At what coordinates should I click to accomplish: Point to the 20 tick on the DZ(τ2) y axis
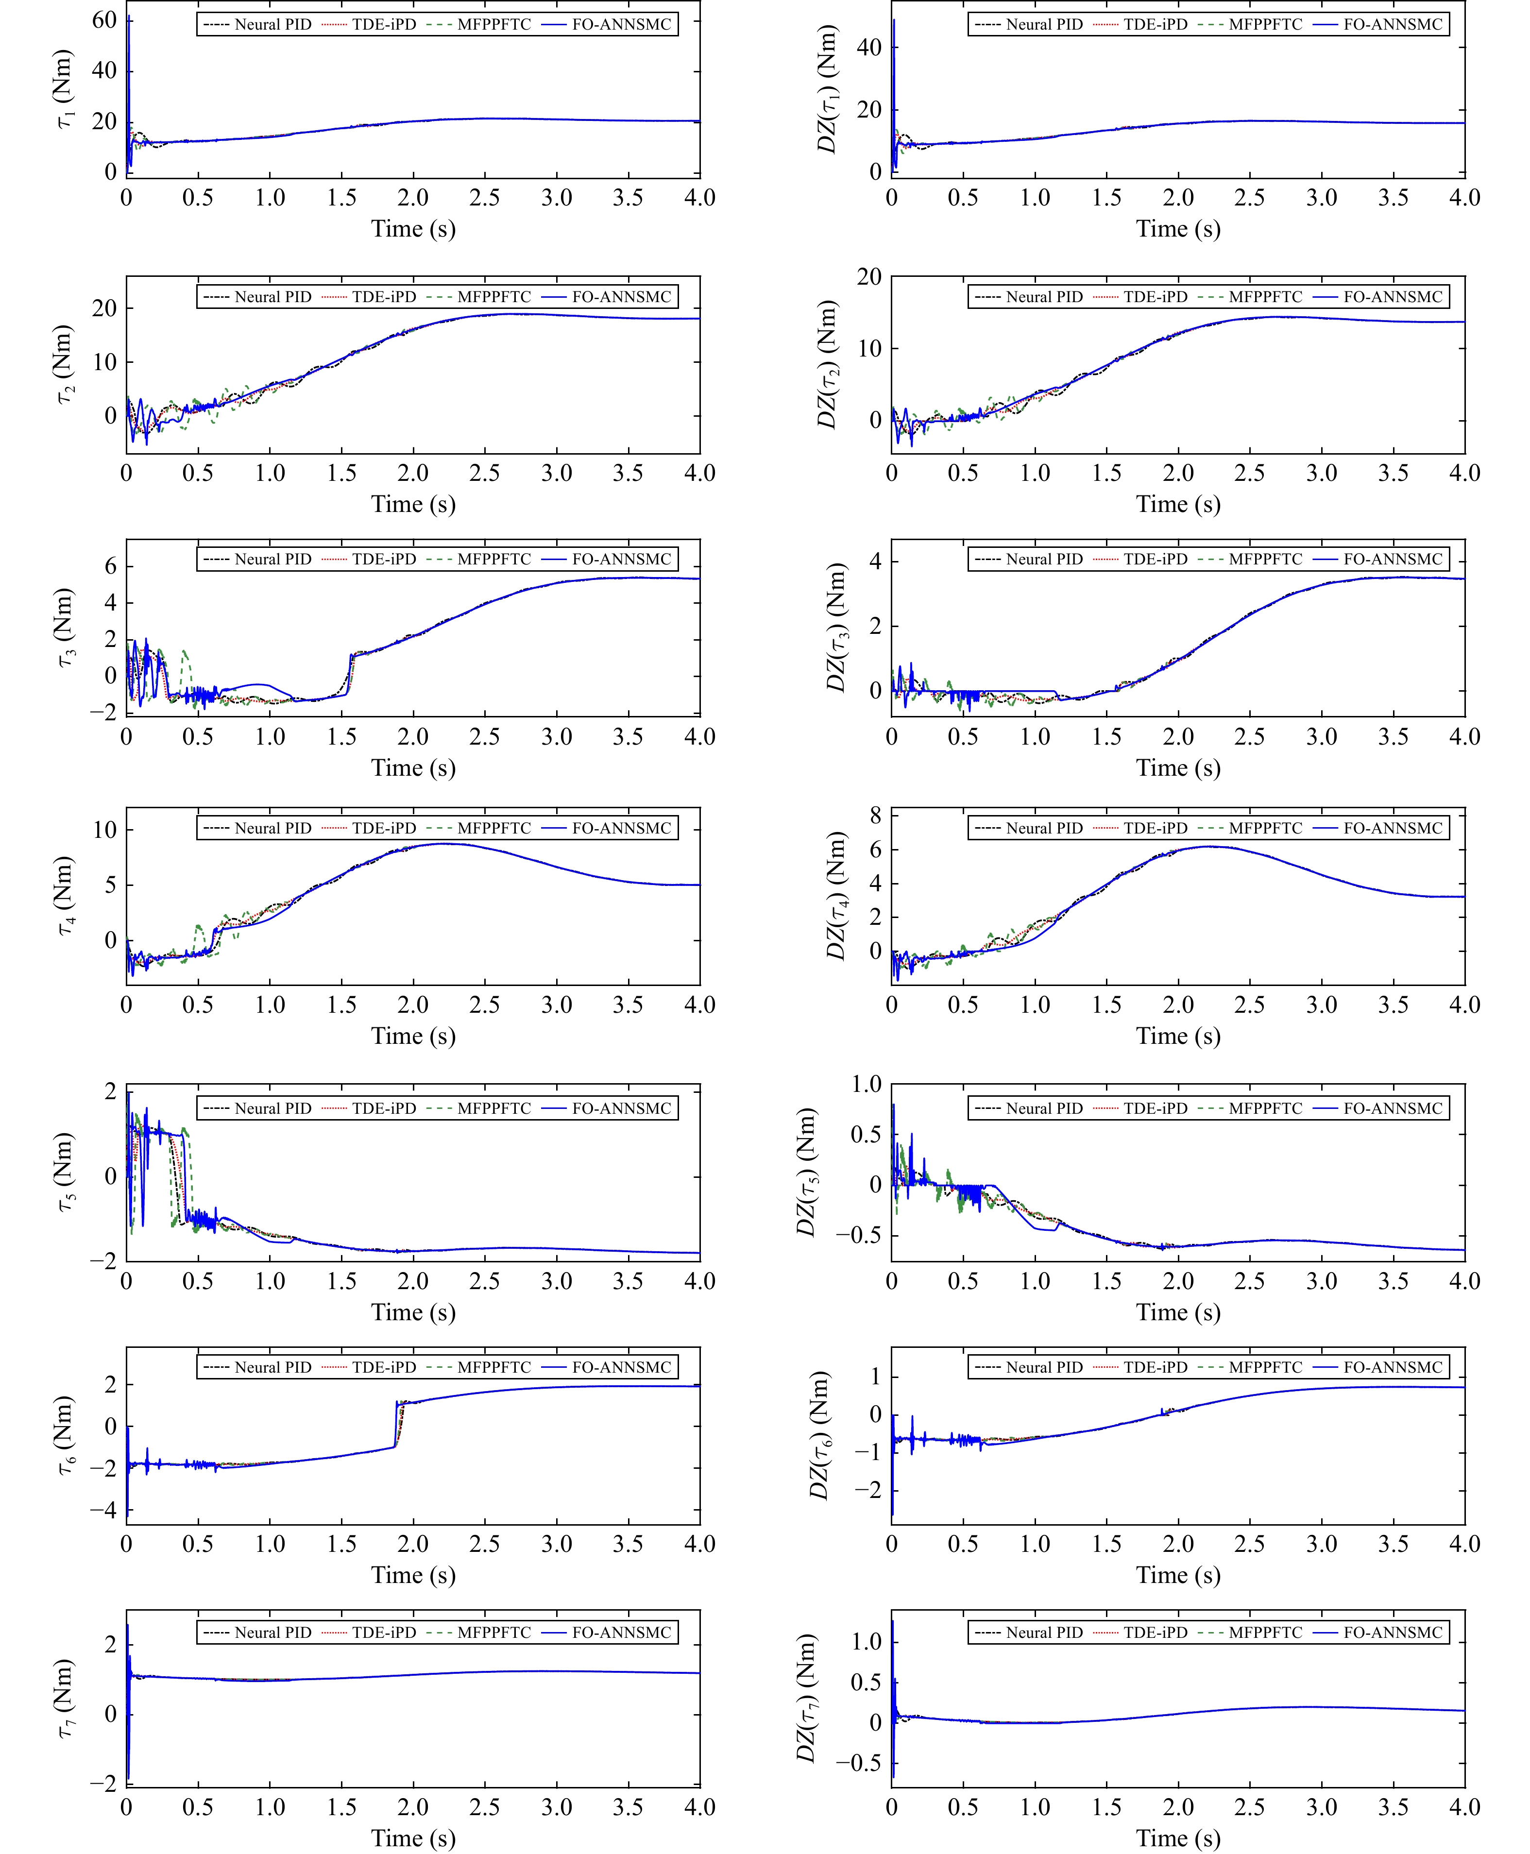coord(869,277)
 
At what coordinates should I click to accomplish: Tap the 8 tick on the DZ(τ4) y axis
coord(875,816)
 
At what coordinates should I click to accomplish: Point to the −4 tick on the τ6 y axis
coord(102,1510)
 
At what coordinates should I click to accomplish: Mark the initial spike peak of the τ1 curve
coord(129,16)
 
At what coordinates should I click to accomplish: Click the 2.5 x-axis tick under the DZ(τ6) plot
coord(1250,1544)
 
